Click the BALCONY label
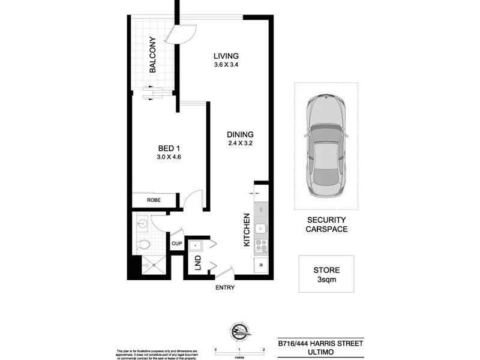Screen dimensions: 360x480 tap(152, 55)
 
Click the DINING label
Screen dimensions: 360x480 tap(240, 134)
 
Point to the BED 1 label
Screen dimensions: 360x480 tap(169, 148)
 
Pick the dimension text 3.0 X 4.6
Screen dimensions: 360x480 tap(169, 157)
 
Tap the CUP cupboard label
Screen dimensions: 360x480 tap(176, 244)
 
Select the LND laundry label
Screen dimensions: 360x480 tap(197, 262)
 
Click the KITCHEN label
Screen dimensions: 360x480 tap(246, 230)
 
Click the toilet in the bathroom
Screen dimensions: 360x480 tap(143, 245)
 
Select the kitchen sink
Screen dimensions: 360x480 tap(261, 228)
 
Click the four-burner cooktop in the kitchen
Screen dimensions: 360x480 tap(261, 245)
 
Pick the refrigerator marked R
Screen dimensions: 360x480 tap(261, 265)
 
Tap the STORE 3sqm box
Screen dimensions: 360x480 tap(326, 274)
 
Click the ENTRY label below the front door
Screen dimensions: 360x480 tap(226, 287)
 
